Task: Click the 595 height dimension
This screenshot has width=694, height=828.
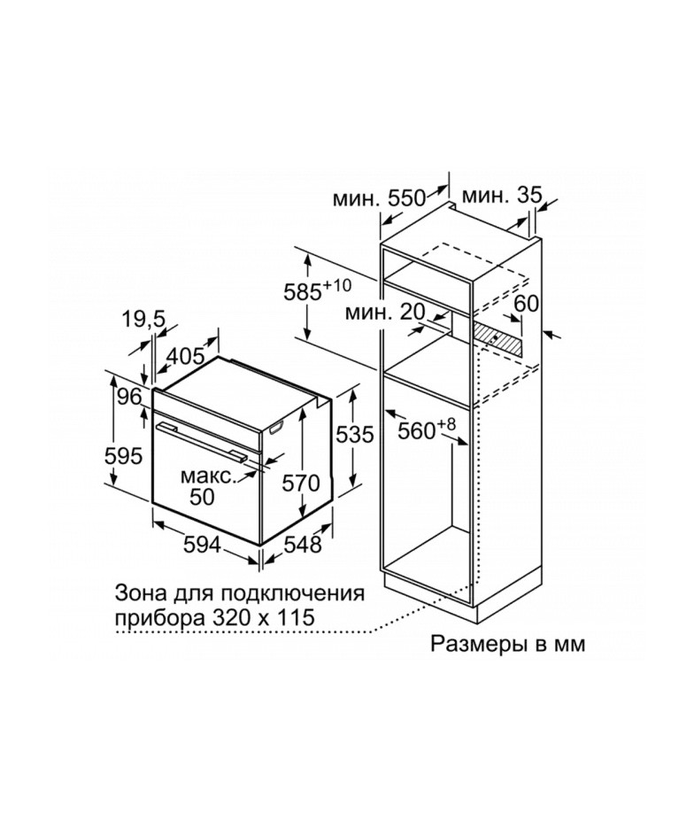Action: [124, 455]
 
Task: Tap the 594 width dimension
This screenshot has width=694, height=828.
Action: [202, 545]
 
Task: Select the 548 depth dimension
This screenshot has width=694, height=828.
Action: [303, 544]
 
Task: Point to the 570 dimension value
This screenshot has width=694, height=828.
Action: [301, 483]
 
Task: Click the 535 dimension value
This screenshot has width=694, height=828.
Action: [355, 434]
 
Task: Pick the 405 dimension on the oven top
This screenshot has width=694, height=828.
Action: [185, 357]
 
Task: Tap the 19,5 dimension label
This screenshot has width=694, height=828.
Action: [144, 320]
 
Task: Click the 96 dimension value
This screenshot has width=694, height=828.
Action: [129, 397]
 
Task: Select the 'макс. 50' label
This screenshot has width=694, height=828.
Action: [207, 486]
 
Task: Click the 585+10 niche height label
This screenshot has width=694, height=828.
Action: [317, 290]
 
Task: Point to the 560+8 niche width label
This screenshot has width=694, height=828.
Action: [426, 429]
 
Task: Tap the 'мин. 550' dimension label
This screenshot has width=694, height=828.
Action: [379, 198]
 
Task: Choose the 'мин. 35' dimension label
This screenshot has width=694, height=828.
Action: [502, 196]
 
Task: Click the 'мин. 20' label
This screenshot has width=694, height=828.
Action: [385, 313]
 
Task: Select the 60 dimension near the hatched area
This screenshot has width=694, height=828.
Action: [526, 303]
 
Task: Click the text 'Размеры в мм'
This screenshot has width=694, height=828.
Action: [508, 644]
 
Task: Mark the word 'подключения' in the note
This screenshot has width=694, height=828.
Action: [292, 593]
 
